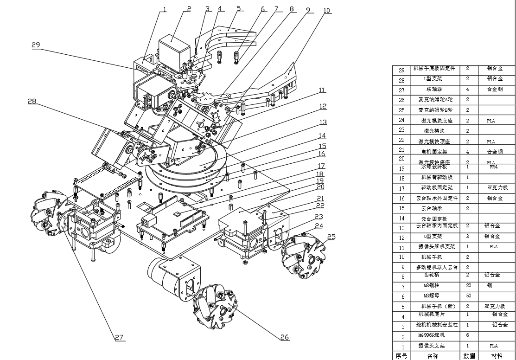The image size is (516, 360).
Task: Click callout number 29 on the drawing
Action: tap(36, 45)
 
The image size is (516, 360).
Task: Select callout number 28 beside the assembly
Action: tap(32, 101)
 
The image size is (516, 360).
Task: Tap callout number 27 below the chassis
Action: tap(119, 337)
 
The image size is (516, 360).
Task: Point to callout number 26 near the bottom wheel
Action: tap(285, 337)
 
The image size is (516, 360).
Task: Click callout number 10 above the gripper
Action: tap(327, 11)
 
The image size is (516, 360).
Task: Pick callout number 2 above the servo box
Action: tap(189, 9)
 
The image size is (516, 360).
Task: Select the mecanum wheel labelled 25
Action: tap(301, 255)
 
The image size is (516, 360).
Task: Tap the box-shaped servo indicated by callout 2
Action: tap(175, 49)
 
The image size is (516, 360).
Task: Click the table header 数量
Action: tap(469, 356)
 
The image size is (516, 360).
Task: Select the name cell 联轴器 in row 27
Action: tap(434, 90)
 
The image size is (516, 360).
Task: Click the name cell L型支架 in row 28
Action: tap(433, 79)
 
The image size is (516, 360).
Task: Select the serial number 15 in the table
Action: tap(401, 208)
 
